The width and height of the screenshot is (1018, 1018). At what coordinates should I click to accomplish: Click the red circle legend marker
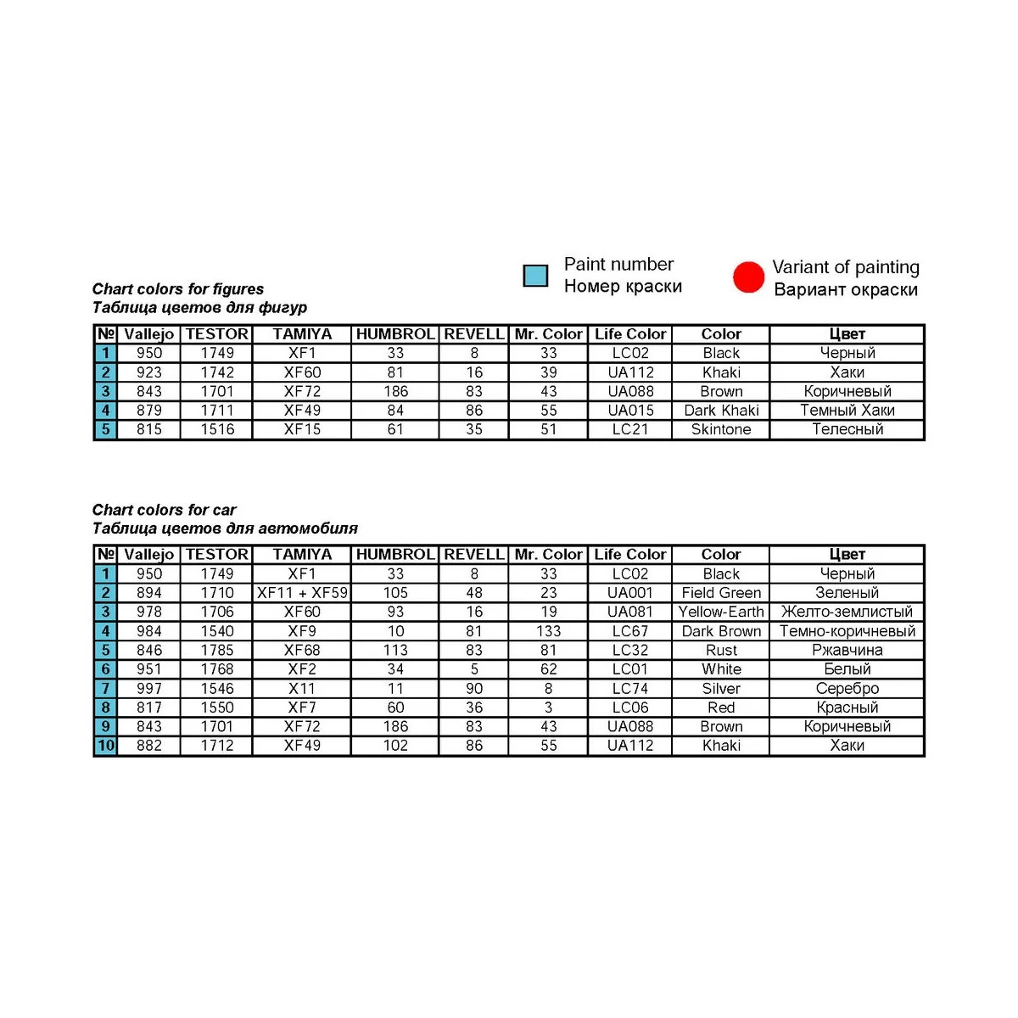tap(748, 277)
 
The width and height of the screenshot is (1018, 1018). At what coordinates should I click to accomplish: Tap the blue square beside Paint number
tap(535, 276)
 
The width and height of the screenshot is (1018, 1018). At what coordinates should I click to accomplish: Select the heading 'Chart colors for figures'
tap(178, 289)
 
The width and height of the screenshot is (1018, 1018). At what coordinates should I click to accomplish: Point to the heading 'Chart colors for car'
tap(164, 510)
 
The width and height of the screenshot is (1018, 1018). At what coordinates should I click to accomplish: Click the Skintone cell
tap(721, 429)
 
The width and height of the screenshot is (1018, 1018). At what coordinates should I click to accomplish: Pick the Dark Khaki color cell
tap(721, 411)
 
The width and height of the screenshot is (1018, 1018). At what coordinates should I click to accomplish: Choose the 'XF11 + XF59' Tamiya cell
tap(302, 593)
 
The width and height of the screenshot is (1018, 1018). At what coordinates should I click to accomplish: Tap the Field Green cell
tap(721, 593)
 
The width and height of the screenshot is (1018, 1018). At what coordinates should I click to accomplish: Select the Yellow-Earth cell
tap(721, 612)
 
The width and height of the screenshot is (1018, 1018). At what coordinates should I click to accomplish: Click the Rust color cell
tap(721, 650)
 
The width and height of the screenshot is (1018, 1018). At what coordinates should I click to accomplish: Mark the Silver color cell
tap(721, 688)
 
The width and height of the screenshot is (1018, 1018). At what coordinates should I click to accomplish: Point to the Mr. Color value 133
tap(549, 631)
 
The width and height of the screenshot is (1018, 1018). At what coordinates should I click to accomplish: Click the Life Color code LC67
tap(630, 631)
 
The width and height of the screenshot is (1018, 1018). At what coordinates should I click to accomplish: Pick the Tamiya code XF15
tap(302, 429)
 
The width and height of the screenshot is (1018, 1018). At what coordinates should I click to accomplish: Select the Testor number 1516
tap(217, 429)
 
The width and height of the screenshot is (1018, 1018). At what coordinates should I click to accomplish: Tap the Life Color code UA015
tap(630, 411)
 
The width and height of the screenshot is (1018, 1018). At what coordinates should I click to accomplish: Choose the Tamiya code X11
tap(302, 688)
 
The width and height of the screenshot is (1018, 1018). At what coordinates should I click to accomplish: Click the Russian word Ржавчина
tap(847, 650)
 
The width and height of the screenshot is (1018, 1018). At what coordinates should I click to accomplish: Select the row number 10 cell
tap(106, 746)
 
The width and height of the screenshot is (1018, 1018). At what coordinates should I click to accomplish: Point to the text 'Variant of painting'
tap(845, 267)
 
